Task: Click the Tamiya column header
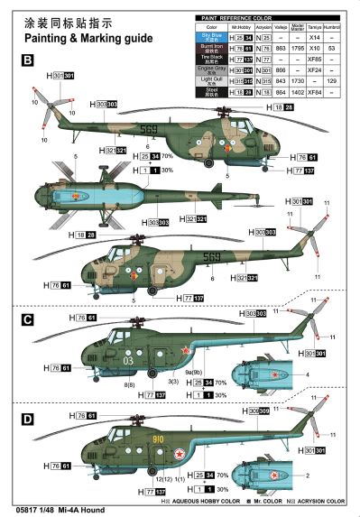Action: pyautogui.click(x=314, y=28)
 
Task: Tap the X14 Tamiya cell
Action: pyautogui.click(x=314, y=38)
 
